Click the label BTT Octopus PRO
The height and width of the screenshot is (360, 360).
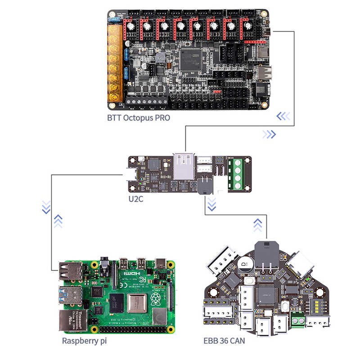tap(139, 118)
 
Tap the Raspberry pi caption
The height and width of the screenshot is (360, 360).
tap(84, 340)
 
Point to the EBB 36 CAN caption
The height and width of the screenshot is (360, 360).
tap(224, 340)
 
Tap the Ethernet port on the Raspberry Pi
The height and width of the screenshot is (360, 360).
tap(70, 320)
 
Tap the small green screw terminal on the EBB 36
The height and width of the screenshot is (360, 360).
tap(297, 320)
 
